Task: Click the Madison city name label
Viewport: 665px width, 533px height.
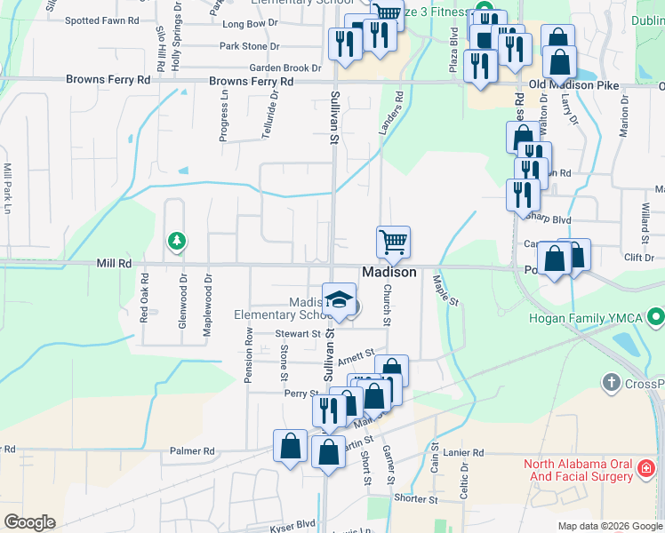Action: click(389, 273)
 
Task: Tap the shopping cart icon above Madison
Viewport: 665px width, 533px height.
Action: click(393, 241)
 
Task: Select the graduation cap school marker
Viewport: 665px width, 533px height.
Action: click(339, 299)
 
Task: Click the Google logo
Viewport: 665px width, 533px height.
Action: click(29, 522)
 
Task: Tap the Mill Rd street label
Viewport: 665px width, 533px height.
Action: click(114, 264)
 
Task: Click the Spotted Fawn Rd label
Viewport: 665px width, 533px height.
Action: click(103, 20)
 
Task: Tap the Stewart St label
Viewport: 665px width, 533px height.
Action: click(296, 334)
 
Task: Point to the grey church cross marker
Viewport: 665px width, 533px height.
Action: click(610, 383)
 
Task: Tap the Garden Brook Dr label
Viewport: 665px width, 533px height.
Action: click(284, 68)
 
